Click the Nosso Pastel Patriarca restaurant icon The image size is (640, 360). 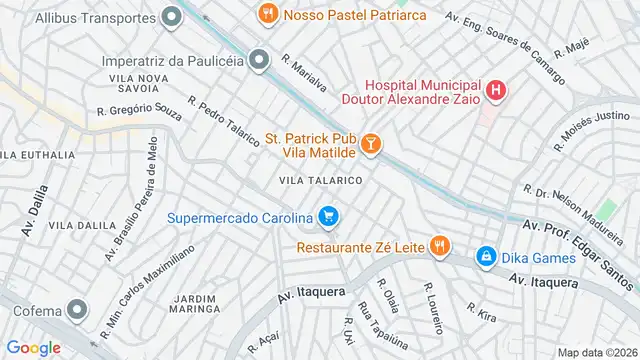click(267, 14)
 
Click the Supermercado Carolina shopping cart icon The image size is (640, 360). click(328, 216)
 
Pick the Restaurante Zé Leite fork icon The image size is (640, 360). click(437, 245)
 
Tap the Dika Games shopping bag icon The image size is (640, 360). click(486, 256)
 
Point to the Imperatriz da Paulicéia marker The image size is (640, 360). click(260, 61)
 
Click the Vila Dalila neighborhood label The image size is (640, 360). click(82, 226)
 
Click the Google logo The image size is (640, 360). click(33, 347)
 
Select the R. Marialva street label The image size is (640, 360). click(304, 73)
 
